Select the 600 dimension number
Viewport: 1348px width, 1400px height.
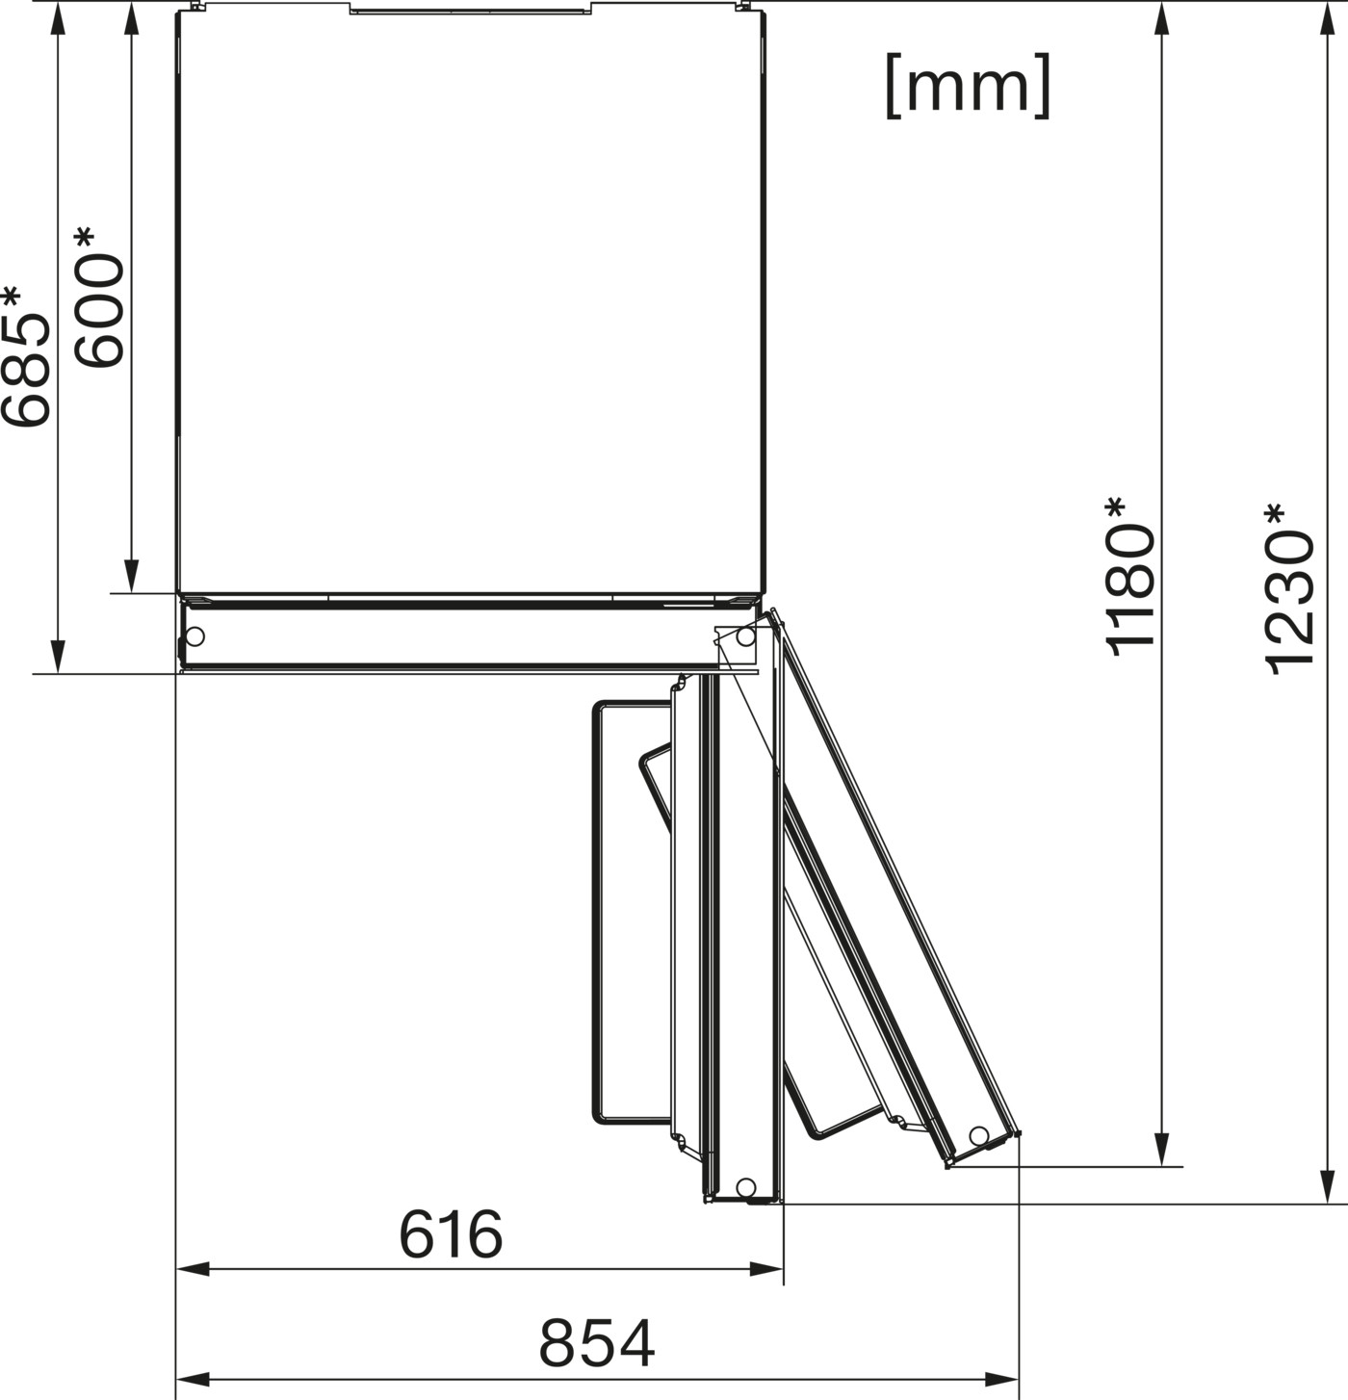100,311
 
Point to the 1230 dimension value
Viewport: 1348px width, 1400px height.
1289,602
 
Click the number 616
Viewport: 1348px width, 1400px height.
451,1234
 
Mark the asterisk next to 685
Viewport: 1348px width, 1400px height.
11,297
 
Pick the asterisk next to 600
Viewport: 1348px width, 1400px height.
84,239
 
